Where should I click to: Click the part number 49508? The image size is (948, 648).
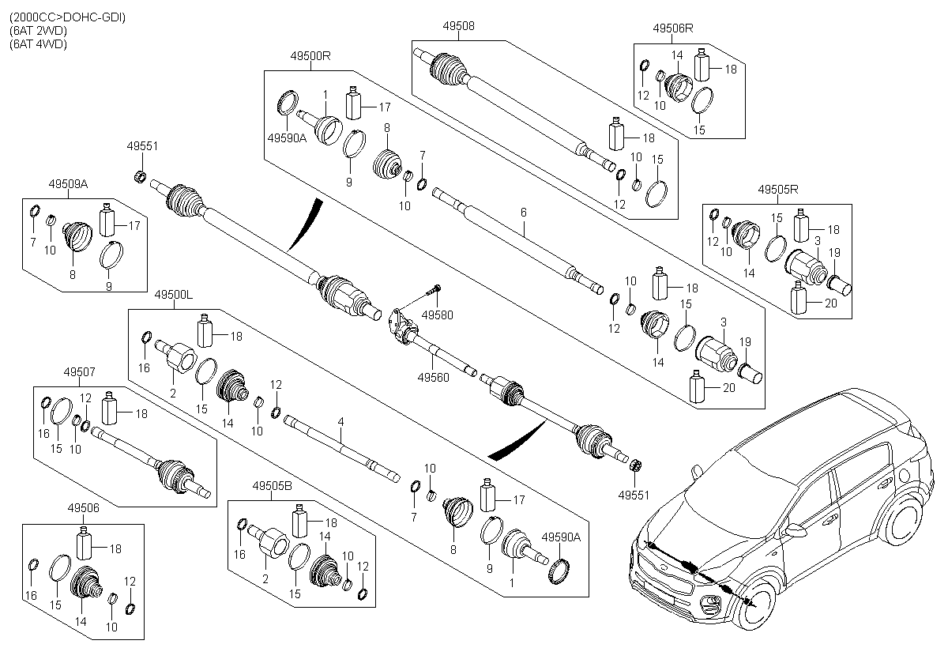[458, 26]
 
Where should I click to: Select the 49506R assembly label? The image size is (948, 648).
[673, 28]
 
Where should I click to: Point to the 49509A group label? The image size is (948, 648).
[67, 183]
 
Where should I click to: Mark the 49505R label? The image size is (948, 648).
[778, 190]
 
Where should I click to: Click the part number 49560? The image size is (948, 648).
[434, 378]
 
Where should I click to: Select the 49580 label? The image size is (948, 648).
[438, 315]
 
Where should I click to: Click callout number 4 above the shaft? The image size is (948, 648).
[341, 424]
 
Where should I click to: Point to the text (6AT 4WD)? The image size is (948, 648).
[39, 44]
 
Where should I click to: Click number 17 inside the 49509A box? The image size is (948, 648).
[134, 225]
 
